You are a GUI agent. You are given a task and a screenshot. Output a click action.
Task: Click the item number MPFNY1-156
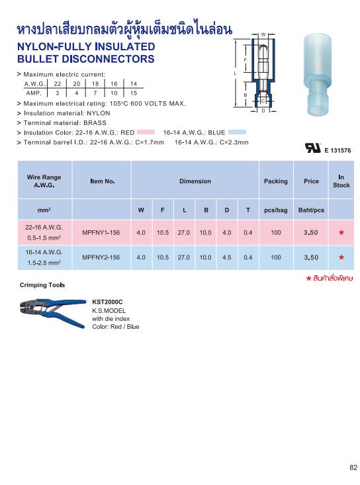101,232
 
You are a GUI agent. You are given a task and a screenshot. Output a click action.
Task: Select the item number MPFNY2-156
101,257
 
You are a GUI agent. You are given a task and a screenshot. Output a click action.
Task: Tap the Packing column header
276,181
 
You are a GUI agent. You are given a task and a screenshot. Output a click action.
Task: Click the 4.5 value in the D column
226,257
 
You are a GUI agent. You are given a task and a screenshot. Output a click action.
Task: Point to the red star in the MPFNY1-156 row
341,234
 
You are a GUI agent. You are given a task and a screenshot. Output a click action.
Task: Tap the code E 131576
337,151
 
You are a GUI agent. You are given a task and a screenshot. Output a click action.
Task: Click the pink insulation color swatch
146,132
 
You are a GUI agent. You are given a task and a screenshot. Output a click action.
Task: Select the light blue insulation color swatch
237,132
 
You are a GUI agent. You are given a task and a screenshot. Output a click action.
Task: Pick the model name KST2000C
107,302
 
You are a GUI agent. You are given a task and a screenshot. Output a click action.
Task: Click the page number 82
353,468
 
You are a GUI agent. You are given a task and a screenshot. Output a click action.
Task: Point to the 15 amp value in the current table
134,93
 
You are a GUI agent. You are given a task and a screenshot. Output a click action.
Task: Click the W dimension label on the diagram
263,34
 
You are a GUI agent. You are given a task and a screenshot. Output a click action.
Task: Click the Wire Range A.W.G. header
44,181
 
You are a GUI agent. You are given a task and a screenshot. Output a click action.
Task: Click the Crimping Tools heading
43,285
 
